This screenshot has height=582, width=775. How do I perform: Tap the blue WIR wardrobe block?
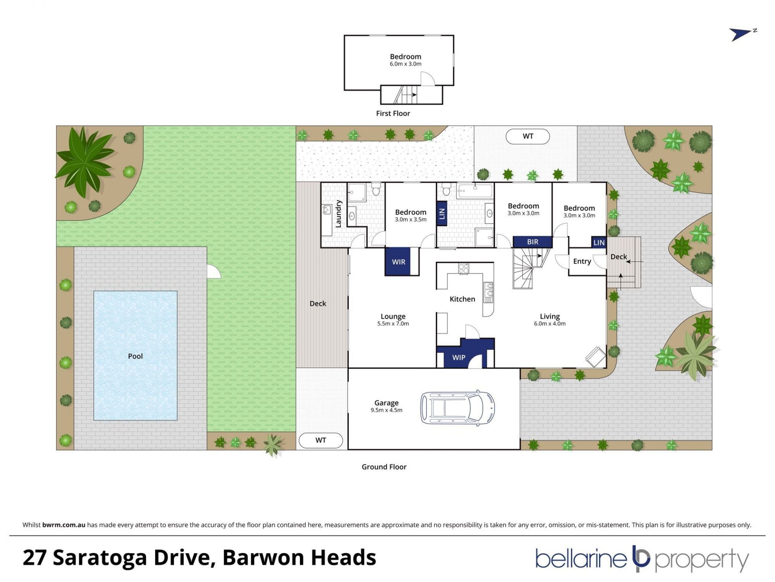coord(398,261)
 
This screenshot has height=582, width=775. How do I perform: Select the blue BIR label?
coord(532,242)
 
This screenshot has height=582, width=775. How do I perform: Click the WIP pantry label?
coord(459,357)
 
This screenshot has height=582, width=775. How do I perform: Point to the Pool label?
coord(135,356)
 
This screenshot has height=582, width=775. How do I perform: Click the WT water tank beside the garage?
coord(321,440)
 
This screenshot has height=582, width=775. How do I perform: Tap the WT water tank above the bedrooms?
coord(528,136)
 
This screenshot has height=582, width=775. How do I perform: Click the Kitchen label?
coord(462,299)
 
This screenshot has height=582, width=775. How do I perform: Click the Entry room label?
coord(582,261)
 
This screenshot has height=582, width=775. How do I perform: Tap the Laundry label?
coord(338,214)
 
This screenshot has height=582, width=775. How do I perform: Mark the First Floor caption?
coord(393,114)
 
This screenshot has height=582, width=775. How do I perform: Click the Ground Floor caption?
coord(384,467)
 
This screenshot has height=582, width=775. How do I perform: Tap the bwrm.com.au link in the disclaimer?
coord(64,525)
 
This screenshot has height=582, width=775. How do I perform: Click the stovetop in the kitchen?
coord(463,268)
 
